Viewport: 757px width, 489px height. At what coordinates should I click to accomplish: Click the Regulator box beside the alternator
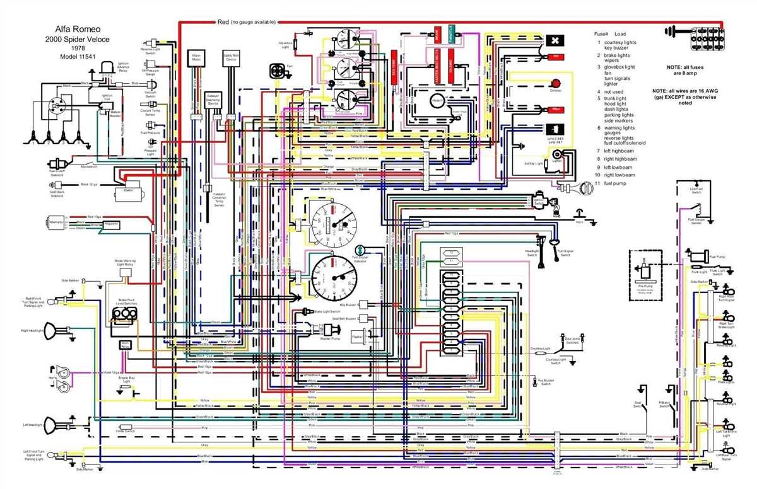tap(112, 223)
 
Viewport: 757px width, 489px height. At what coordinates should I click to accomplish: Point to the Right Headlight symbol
tap(61, 330)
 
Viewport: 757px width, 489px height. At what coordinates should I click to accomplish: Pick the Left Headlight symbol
tap(61, 425)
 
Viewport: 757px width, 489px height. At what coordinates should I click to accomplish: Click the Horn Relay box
tap(125, 345)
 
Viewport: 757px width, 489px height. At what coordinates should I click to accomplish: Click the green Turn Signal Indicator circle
tap(360, 251)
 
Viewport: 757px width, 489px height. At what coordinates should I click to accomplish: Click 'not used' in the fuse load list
tap(613, 91)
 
